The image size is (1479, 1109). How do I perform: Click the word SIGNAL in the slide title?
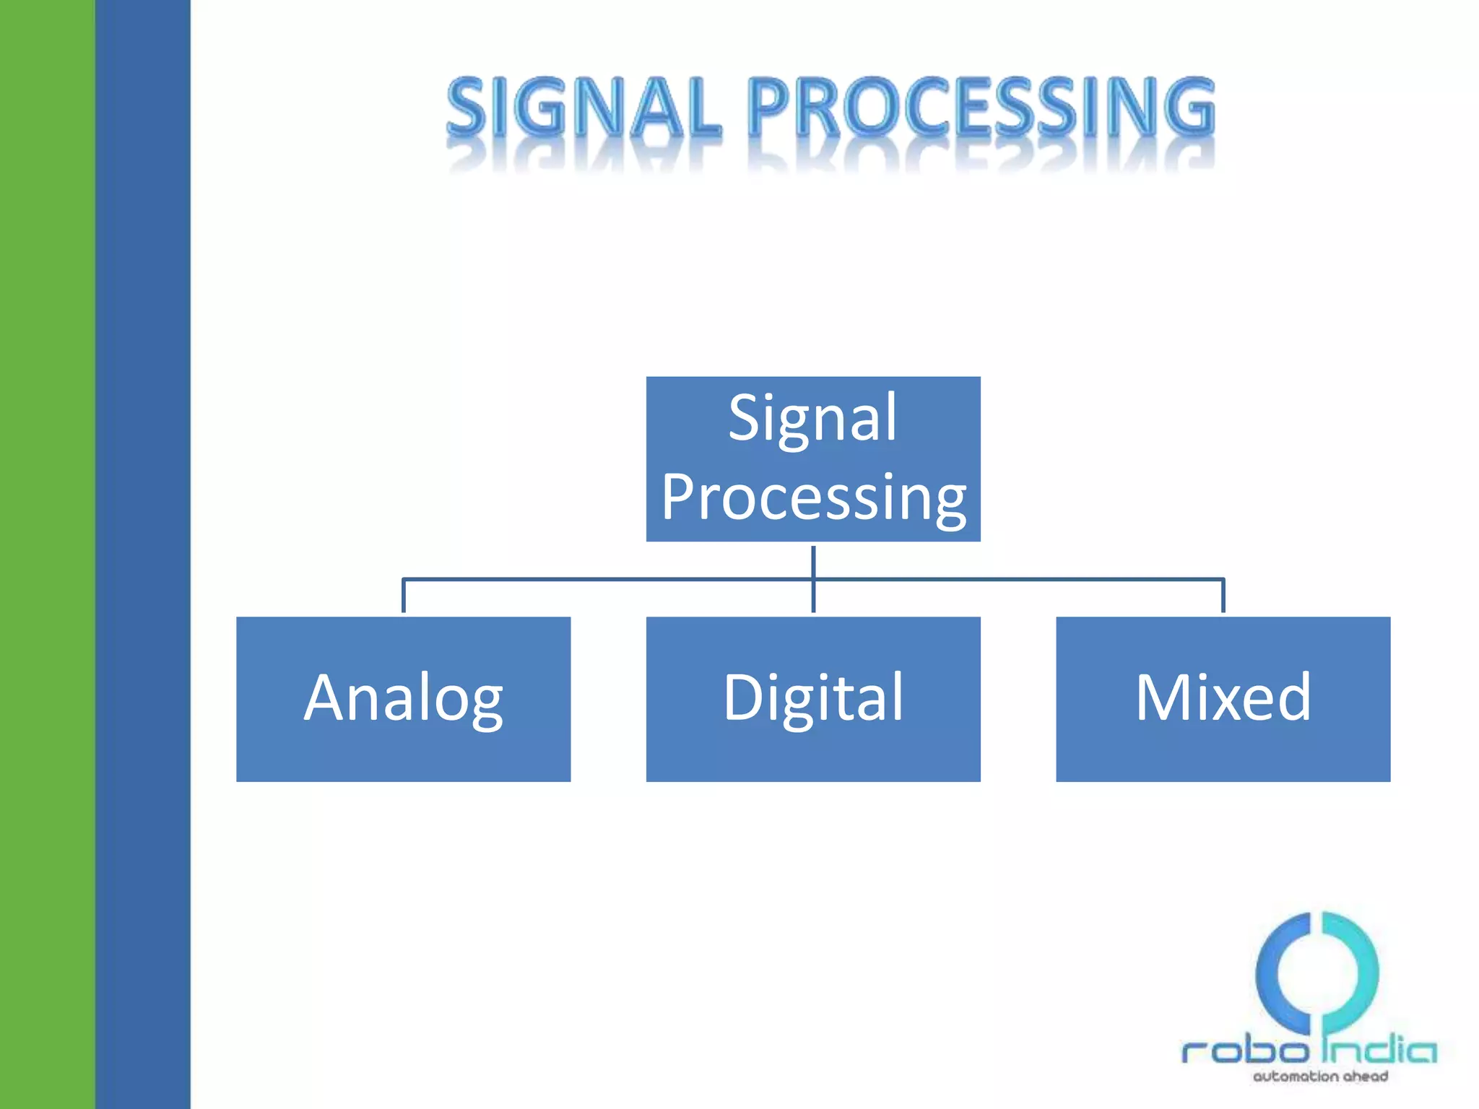click(584, 108)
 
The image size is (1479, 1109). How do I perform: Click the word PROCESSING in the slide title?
click(981, 108)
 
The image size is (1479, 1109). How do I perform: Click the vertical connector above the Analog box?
click(403, 596)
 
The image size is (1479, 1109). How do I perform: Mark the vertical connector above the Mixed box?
click(1223, 596)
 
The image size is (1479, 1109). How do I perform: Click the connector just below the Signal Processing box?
click(813, 561)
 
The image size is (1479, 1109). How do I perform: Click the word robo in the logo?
click(1244, 1051)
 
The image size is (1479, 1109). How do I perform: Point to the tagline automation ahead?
click(1320, 1077)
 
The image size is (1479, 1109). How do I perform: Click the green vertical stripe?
click(47, 554)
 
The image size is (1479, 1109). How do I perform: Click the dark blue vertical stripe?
click(142, 554)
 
